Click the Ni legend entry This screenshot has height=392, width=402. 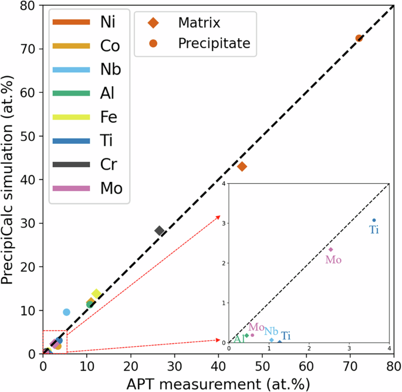(88, 22)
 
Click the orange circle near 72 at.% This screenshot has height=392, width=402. (359, 38)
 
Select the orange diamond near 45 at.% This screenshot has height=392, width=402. (242, 167)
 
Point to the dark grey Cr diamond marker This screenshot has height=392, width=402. (159, 231)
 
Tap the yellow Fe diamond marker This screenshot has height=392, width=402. (96, 293)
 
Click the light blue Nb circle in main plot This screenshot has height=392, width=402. (66, 312)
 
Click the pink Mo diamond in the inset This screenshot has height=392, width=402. (330, 249)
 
